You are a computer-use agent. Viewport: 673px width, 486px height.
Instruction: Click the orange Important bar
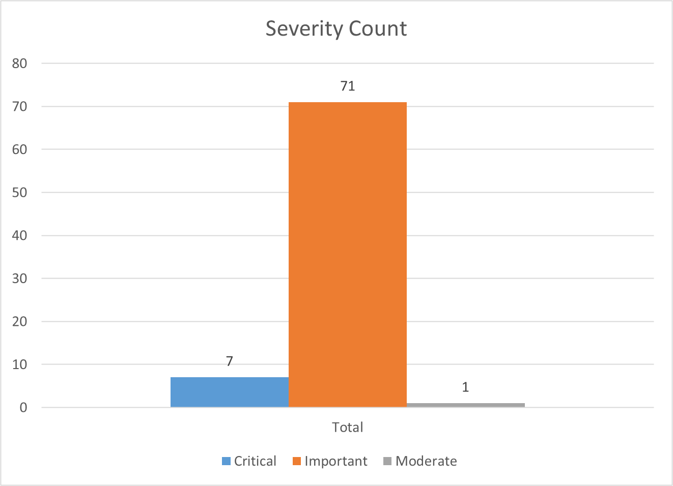[x=348, y=254]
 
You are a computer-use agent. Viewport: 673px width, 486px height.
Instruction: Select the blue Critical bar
[x=230, y=392]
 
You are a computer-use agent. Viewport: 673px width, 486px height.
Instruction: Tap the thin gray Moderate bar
[x=465, y=405]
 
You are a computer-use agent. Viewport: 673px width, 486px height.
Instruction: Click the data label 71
[x=348, y=86]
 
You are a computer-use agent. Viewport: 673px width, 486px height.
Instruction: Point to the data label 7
[x=230, y=361]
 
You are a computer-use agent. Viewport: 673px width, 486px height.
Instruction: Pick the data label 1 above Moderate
[x=465, y=387]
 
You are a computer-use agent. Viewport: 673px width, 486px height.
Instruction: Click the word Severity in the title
[x=299, y=29]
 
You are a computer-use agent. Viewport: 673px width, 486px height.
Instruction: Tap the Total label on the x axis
[x=348, y=427]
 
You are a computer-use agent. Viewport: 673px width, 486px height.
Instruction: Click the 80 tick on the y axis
[x=20, y=64]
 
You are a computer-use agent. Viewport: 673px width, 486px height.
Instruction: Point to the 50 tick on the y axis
[x=20, y=193]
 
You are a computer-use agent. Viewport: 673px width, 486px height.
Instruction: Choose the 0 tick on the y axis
[x=23, y=408]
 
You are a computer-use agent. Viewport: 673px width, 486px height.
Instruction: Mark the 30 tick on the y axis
[x=20, y=279]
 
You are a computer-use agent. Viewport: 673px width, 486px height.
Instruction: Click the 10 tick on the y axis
[x=20, y=364]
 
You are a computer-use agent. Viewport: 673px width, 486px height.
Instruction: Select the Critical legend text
[x=255, y=461]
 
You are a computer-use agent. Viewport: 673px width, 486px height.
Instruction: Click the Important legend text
[x=336, y=461]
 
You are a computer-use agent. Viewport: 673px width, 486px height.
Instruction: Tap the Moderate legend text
[x=426, y=461]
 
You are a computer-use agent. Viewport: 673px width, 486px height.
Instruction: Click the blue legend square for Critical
[x=227, y=462]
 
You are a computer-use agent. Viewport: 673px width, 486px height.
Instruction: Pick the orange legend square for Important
[x=297, y=462]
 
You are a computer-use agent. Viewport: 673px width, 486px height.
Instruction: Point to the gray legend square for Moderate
[x=387, y=462]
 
